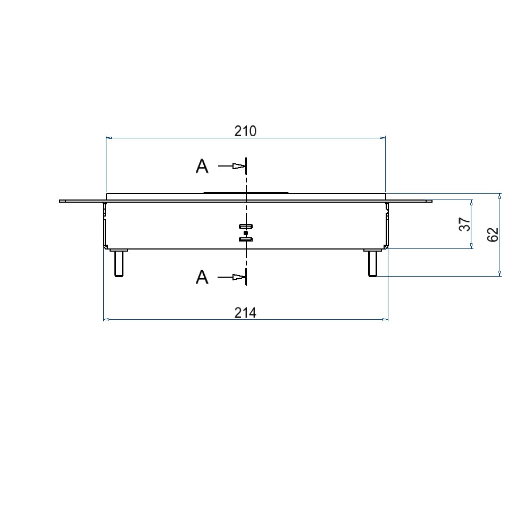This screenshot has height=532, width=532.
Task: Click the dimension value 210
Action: point(245,131)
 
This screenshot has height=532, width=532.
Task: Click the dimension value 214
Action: point(245,312)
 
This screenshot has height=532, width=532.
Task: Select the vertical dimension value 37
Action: point(465,225)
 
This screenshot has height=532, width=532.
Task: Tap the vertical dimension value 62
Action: point(493,235)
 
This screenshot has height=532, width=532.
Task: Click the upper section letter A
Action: point(202,166)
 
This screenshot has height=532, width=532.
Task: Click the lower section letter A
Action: point(202,277)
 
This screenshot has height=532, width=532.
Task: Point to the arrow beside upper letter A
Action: point(231,166)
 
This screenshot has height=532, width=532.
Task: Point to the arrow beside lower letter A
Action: point(231,277)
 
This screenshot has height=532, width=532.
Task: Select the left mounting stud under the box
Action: point(119,263)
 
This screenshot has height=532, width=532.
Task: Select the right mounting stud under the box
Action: point(372,263)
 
